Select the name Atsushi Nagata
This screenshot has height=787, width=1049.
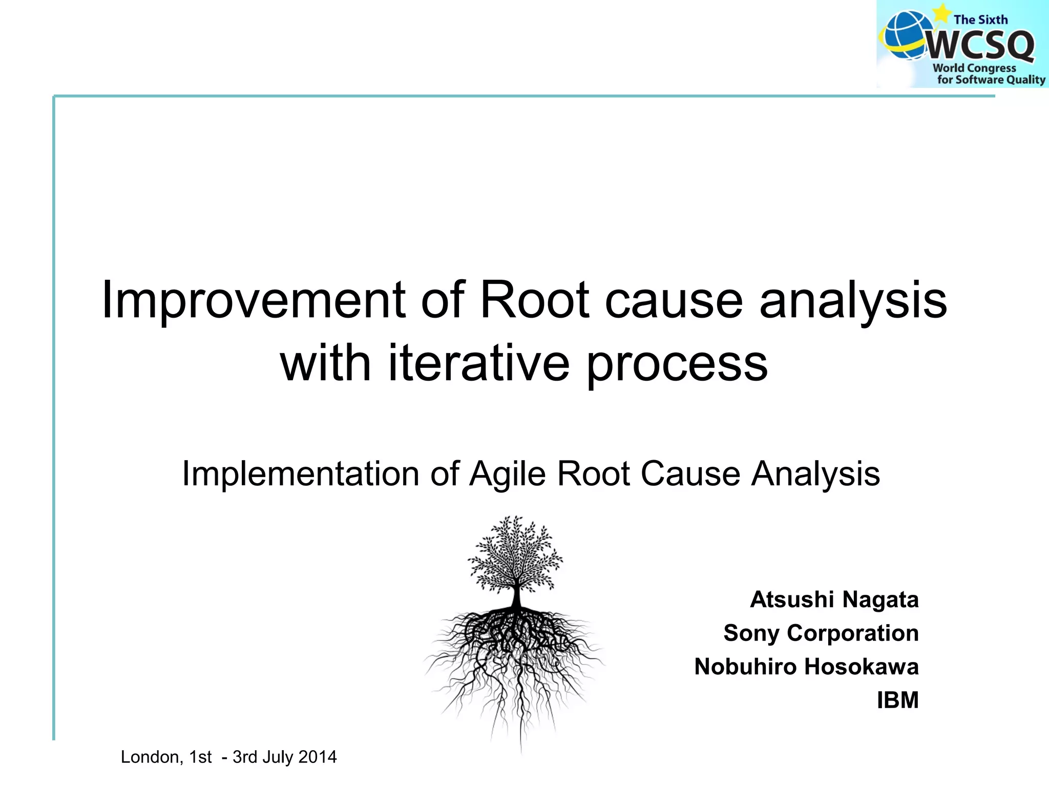pos(834,599)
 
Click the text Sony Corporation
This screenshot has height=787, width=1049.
pos(821,633)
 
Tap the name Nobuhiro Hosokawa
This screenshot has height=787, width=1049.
pos(806,667)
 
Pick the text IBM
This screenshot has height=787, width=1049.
pos(897,700)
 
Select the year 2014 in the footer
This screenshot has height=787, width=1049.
pos(318,757)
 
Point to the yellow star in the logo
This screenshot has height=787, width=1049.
pos(941,12)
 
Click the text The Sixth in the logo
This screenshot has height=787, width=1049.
pos(980,20)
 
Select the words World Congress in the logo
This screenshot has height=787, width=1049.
pos(974,68)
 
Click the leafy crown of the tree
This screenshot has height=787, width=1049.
pos(515,556)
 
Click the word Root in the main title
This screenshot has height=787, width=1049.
pos(534,301)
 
